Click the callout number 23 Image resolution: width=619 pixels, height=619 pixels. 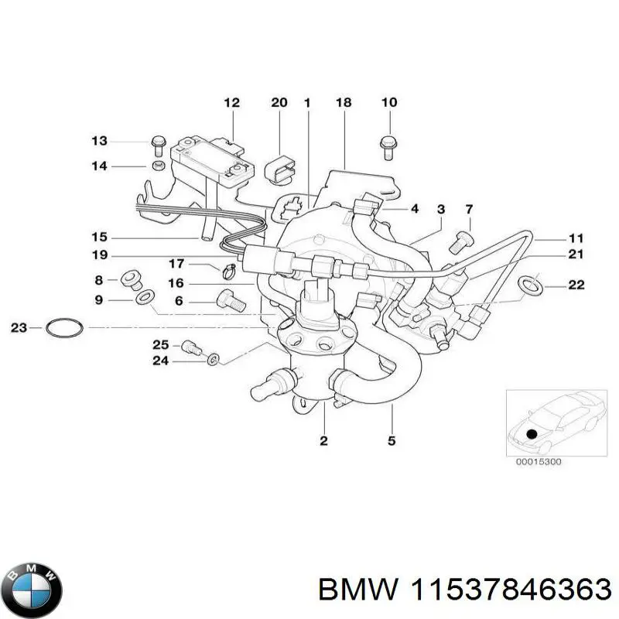click(19, 328)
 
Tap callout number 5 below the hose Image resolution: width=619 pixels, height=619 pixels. click(392, 441)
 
